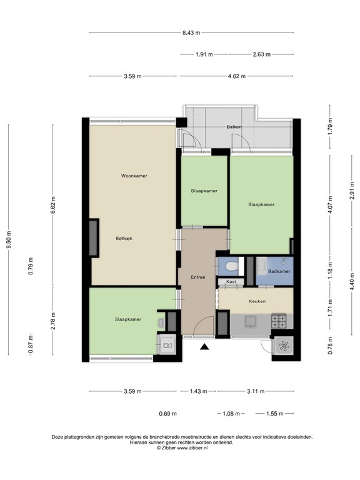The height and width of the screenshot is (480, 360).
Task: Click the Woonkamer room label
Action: click(134, 176)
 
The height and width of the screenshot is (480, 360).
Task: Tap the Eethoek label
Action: click(124, 239)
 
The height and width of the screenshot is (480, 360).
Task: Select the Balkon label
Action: click(234, 127)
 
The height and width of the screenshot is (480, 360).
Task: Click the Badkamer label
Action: click(279, 271)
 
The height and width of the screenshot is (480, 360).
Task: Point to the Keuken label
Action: click(257, 301)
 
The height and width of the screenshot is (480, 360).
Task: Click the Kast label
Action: click(231, 282)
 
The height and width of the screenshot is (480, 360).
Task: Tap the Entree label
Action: click(198, 277)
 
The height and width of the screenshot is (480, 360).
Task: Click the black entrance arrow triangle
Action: click(204, 346)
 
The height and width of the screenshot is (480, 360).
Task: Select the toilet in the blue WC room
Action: click(231, 266)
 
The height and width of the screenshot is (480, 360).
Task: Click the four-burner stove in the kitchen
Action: click(279, 321)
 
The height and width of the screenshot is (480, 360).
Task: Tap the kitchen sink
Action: click(251, 322)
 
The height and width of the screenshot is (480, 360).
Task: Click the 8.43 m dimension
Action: click(191, 32)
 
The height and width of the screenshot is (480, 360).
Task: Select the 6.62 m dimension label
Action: click(53, 205)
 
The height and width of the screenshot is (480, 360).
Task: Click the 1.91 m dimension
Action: click(204, 54)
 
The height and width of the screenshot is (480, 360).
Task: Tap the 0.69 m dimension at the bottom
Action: click(167, 414)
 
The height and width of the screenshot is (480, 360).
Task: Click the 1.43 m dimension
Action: click(198, 391)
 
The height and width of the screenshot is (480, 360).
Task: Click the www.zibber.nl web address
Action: click(192, 447)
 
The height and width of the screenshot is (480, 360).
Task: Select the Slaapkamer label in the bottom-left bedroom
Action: click(128, 319)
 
